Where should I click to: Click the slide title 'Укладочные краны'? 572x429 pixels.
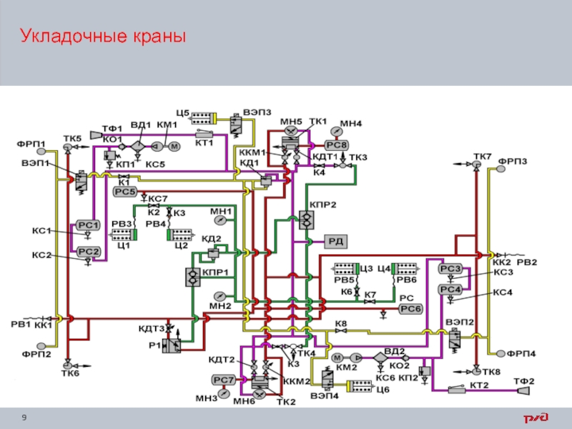pos(102,36)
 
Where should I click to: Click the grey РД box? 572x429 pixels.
pos(335,241)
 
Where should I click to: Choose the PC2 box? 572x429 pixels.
pos(88,251)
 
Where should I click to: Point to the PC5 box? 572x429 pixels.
pos(124,192)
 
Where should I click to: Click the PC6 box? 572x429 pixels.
pos(411,308)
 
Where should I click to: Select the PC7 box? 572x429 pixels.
pos(223,379)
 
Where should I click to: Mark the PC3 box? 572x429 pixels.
pos(450,269)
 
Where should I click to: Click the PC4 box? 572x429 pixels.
pos(450,289)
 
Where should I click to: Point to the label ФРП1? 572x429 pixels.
pos(31,143)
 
